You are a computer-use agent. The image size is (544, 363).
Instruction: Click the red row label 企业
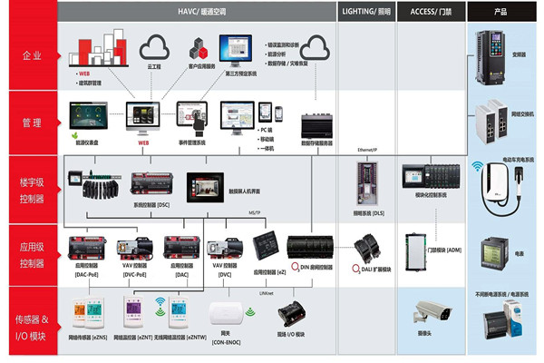31,56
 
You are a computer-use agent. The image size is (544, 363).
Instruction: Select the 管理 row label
31,123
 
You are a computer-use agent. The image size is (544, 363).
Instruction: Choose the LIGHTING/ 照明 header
367,12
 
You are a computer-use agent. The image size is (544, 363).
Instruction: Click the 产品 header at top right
500,12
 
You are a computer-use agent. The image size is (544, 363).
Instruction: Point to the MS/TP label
257,213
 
